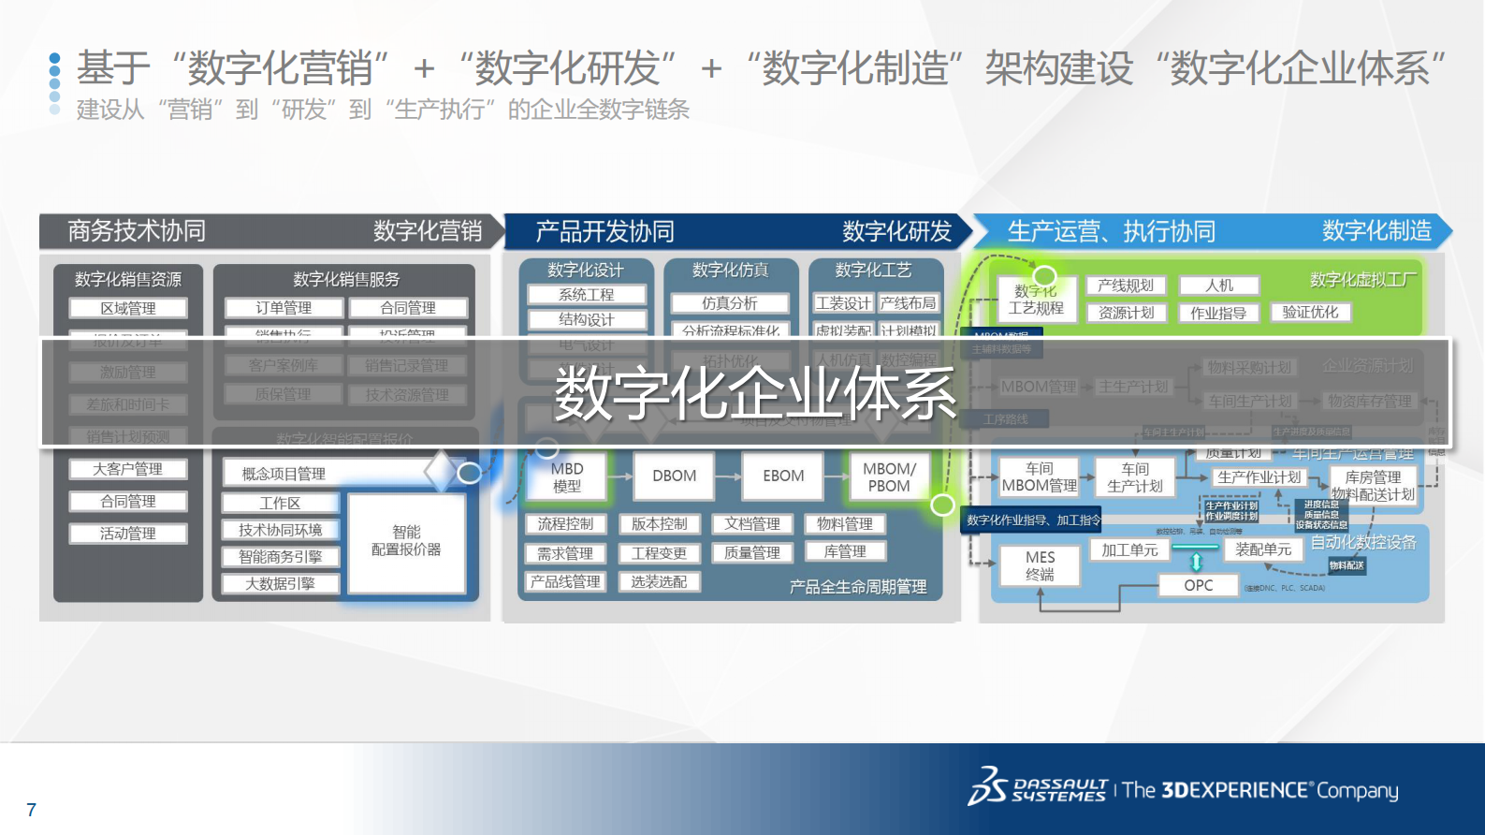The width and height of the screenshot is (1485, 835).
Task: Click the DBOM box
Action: click(674, 476)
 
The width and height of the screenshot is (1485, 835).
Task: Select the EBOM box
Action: click(783, 476)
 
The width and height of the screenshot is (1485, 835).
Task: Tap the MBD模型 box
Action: click(567, 476)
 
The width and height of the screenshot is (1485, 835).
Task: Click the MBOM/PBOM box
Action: click(889, 476)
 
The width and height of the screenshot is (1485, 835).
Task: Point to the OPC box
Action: click(1198, 585)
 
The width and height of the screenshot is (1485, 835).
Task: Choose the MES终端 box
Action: click(1040, 565)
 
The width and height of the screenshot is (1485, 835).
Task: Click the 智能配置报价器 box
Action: click(406, 541)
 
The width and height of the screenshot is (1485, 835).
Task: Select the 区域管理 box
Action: click(128, 308)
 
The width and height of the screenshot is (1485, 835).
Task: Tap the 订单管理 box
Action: click(284, 307)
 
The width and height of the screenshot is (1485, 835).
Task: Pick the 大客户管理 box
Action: click(128, 469)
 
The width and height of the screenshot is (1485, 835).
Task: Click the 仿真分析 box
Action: click(730, 303)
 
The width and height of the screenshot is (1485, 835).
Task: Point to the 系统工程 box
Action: click(587, 295)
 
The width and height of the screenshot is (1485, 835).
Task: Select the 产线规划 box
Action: click(1126, 286)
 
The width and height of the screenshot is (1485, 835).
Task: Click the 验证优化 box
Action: click(1310, 312)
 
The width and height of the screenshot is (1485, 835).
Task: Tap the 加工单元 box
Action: click(1129, 549)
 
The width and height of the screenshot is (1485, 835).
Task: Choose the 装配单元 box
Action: click(1263, 549)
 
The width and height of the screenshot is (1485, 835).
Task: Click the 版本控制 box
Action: click(659, 524)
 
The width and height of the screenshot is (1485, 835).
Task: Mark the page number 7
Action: click(32, 810)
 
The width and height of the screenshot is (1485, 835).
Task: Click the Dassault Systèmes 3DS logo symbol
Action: click(988, 786)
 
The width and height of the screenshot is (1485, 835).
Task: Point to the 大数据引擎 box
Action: click(280, 584)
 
